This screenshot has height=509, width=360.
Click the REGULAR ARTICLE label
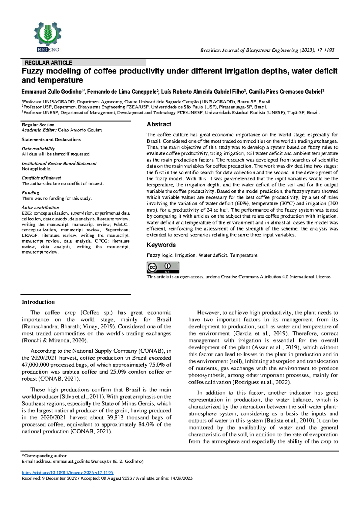click(x=48, y=63)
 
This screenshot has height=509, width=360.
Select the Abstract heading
click(x=159, y=124)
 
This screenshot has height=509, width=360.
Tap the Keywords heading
click(x=161, y=245)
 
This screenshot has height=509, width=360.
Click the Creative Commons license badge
click(x=163, y=267)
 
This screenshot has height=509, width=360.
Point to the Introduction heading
click(x=38, y=302)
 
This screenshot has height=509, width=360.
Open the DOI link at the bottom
click(x=67, y=472)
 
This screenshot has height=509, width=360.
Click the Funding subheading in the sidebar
click(x=30, y=193)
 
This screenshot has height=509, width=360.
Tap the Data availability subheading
click(x=38, y=149)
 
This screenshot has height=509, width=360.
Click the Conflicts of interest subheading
click(x=41, y=178)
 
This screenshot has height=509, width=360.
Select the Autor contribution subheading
click(x=40, y=207)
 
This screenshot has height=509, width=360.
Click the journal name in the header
click(x=249, y=50)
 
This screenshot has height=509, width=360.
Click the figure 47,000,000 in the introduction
click(x=35, y=365)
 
